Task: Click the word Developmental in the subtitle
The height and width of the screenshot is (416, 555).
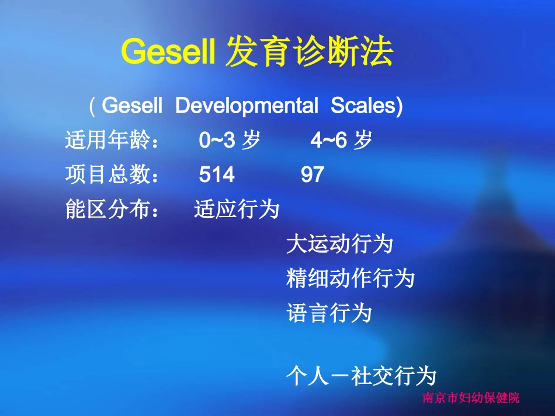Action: pyautogui.click(x=247, y=106)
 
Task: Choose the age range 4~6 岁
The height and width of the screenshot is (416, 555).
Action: pyautogui.click(x=341, y=141)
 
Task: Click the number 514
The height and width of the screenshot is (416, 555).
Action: pyautogui.click(x=217, y=175)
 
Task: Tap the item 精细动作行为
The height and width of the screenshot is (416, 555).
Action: pyautogui.click(x=351, y=279)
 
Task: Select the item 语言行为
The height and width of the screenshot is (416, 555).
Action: pyautogui.click(x=329, y=313)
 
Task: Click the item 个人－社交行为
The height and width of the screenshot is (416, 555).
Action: pyautogui.click(x=361, y=377)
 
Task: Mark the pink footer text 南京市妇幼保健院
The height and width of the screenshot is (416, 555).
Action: pyautogui.click(x=470, y=399)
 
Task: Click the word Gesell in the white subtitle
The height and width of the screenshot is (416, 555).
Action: pyautogui.click(x=131, y=106)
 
